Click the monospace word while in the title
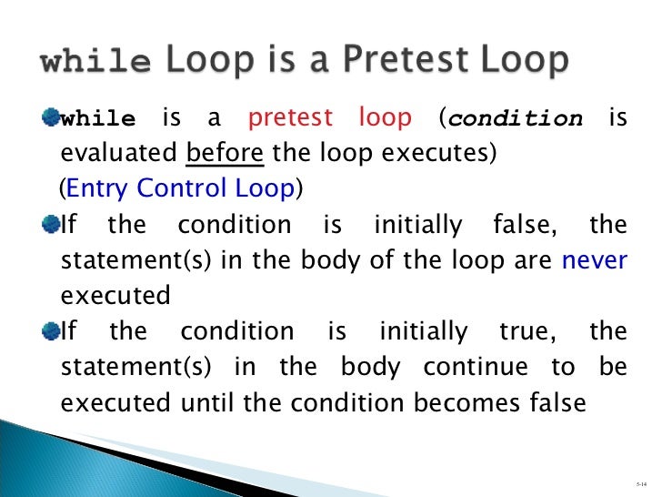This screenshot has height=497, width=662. pos(95,62)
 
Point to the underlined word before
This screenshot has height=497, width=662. pos(225,153)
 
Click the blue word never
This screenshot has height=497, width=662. pos(595,260)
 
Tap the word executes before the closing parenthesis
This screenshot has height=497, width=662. pos(442,153)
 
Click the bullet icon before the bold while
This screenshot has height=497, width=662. pos(50,118)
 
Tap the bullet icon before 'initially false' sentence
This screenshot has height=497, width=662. pos(50,225)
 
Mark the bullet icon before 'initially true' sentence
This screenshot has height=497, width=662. pos(50,331)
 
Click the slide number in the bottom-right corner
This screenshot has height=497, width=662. pos(641,480)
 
